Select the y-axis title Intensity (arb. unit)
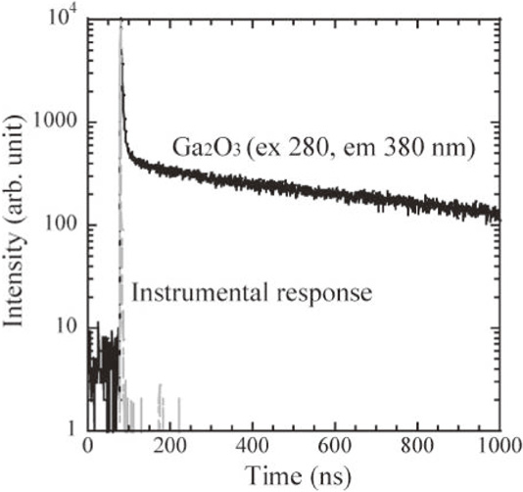pos(20,225)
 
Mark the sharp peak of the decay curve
pos(119,22)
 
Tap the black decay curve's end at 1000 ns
pos(499,214)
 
